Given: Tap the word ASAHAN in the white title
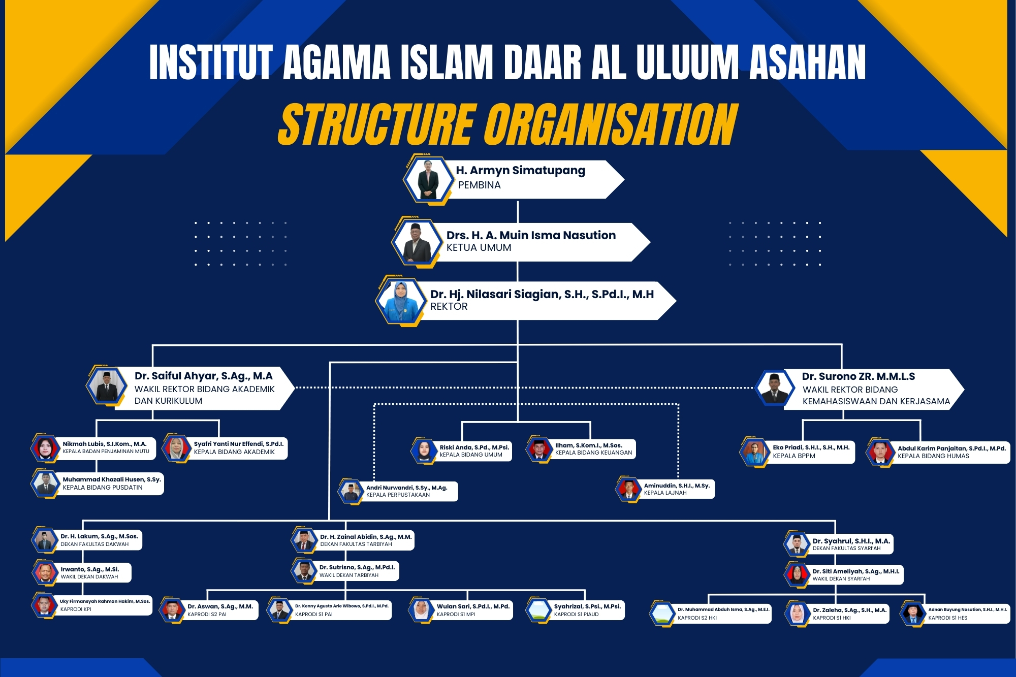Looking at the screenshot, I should [807, 62].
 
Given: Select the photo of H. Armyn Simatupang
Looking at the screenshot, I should [428, 180].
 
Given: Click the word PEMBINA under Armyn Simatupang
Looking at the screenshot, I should [479, 185].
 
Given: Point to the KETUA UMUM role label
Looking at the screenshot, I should [479, 248].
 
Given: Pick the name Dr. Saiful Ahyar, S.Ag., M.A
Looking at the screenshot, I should [203, 376].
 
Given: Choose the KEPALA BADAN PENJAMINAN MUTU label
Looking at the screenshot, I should [106, 452].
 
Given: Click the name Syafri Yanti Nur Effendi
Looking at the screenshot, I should [238, 444].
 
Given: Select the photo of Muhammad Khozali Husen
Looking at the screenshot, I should [46, 483].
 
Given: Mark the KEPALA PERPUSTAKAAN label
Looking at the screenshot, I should [398, 495].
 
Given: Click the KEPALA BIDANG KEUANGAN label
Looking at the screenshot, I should [593, 453].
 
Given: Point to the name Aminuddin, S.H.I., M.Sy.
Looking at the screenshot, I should [677, 486].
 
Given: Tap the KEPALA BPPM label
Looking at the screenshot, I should [793, 456].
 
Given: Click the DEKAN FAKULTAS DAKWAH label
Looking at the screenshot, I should [94, 544].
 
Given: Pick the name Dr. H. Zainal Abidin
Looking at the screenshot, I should [366, 537].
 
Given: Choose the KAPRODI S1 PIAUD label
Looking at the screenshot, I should [576, 615].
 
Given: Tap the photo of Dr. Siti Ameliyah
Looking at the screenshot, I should [797, 574].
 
